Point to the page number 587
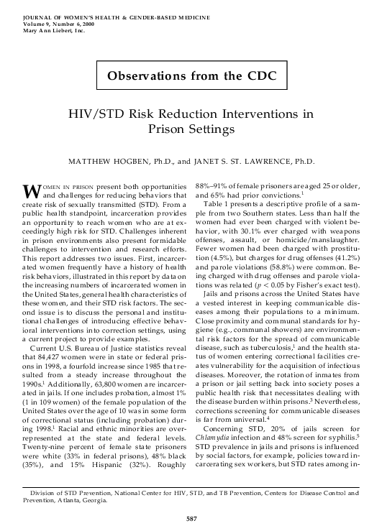(x=191, y=516)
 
